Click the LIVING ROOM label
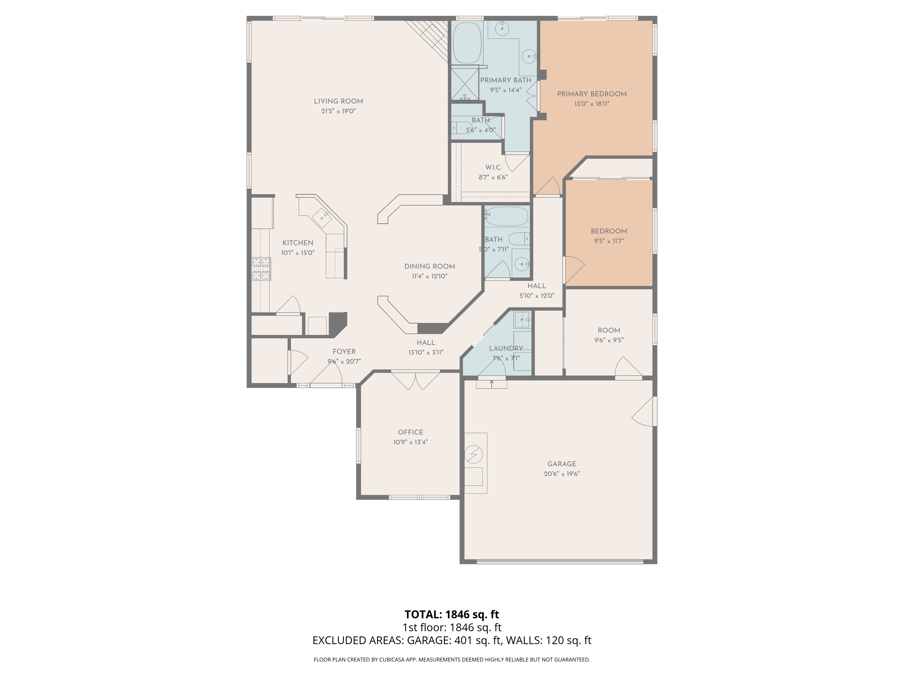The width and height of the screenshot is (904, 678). coord(338,101)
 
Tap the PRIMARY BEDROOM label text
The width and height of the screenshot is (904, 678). coord(592,94)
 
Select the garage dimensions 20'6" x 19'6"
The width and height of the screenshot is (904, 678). coord(562,474)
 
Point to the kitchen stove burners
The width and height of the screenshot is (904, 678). coord(261,269)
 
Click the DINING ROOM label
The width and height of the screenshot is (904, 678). coord(430,266)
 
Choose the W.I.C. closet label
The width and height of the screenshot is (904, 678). coord(493,167)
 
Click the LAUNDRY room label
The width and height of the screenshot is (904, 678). coord(506,348)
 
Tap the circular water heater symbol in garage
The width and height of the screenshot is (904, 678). coord(474,454)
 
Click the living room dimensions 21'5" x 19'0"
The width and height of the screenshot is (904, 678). coord(338,111)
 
